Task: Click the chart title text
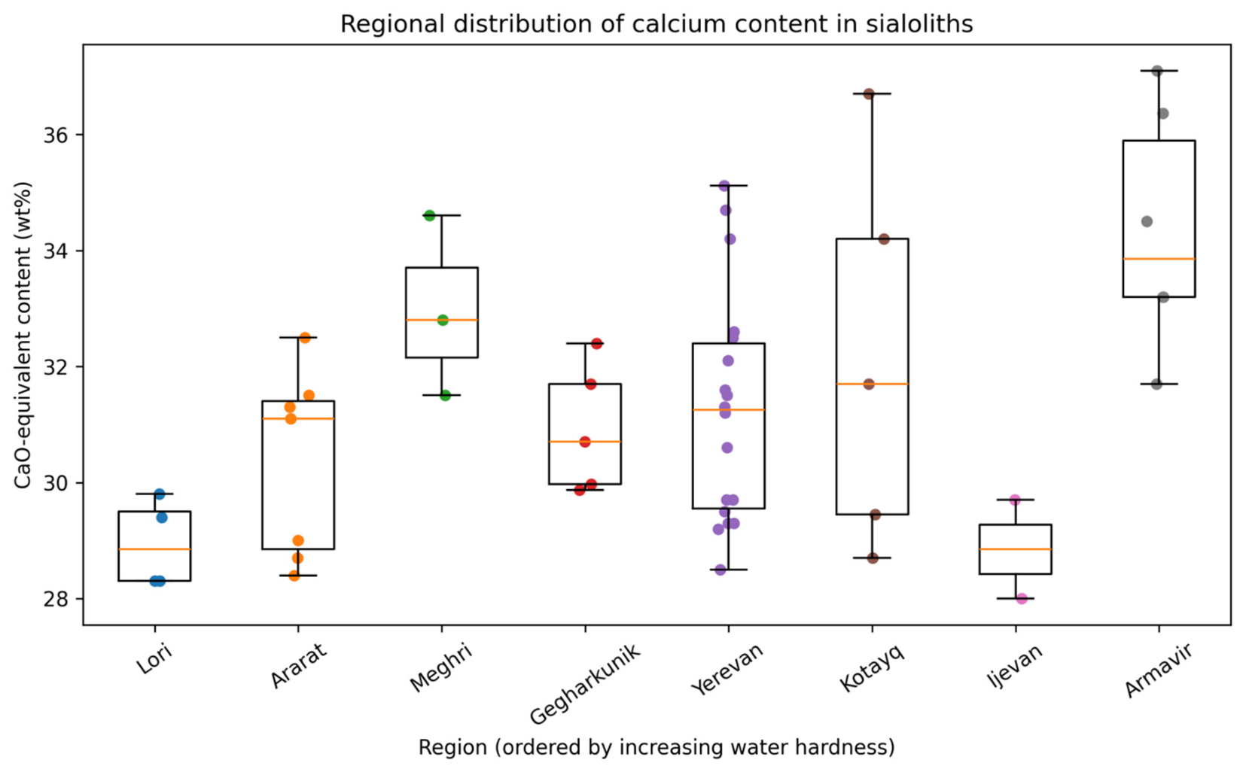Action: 657,24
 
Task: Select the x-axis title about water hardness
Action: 657,747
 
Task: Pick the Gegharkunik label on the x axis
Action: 585,685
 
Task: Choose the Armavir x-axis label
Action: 1158,671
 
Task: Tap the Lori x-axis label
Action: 155,658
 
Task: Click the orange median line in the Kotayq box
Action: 873,384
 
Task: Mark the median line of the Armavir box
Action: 1159,259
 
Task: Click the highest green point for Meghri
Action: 429,216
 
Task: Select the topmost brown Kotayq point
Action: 869,94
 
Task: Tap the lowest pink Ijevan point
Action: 1022,599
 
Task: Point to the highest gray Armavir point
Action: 1157,71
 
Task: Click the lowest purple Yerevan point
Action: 721,570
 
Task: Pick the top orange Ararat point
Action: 305,338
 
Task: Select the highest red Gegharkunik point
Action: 597,344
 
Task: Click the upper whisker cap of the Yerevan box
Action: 729,185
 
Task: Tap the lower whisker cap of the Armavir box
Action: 1159,384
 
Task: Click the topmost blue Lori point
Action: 160,494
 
